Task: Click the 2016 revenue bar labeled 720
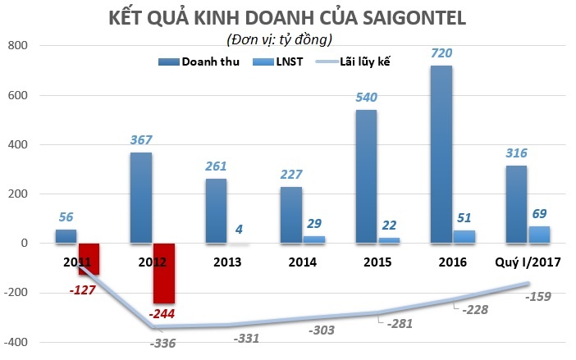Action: (441, 154)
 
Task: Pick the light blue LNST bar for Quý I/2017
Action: (539, 235)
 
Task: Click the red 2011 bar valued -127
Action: (89, 258)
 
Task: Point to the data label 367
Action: (141, 139)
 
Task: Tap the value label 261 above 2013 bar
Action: (216, 166)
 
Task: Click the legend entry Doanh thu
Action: (203, 61)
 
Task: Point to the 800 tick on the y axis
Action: (16, 46)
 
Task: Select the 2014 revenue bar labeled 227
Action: (290, 215)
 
